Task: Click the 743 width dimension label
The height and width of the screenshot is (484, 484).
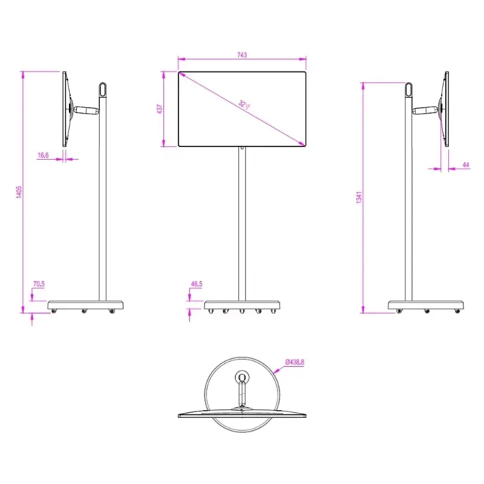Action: point(242,55)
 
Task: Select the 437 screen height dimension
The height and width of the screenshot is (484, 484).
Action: point(160,109)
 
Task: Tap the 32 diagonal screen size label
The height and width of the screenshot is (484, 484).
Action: point(244,105)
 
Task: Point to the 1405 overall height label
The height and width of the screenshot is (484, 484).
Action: point(19,192)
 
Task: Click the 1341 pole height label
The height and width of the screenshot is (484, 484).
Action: point(359,197)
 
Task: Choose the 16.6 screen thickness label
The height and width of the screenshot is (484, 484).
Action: point(43,155)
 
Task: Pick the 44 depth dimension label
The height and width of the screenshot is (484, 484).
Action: point(466,165)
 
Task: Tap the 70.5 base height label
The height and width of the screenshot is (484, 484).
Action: point(39,284)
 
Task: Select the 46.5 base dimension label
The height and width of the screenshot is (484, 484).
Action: point(197,284)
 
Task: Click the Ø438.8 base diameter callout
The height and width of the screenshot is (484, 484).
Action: point(295,362)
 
